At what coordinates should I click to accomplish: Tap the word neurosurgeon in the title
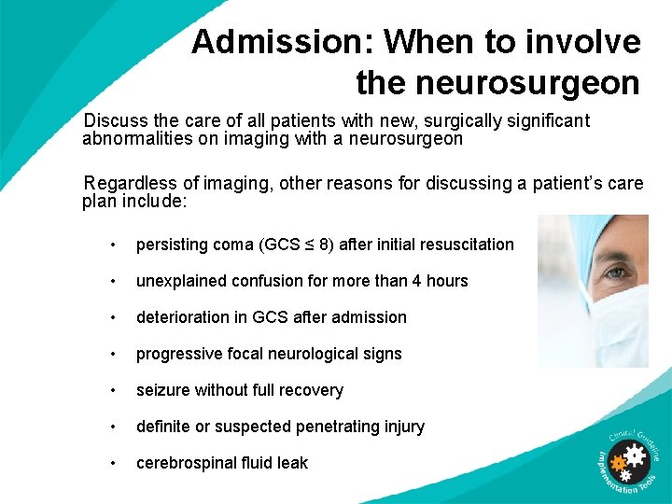pyautogui.click(x=497, y=83)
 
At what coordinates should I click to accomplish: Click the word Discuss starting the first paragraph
pyautogui.click(x=113, y=120)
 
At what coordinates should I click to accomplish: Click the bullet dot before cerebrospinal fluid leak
pyautogui.click(x=112, y=463)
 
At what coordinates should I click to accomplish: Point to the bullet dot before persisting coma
pyautogui.click(x=112, y=245)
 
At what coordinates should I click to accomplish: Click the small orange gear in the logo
pyautogui.click(x=616, y=463)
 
